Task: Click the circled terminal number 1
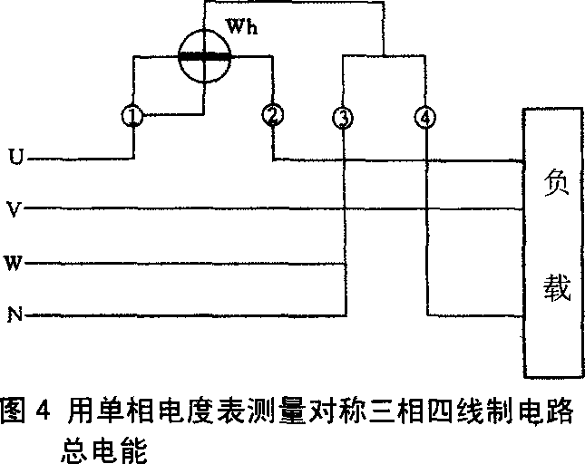point(133,116)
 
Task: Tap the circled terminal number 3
point(342,117)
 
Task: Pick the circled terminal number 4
point(425,117)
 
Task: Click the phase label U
point(15,159)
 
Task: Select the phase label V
point(15,210)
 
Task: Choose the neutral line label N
point(15,315)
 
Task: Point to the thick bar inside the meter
point(202,55)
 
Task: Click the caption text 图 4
point(25,407)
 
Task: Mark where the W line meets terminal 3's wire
point(343,264)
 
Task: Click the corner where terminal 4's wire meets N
point(426,315)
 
